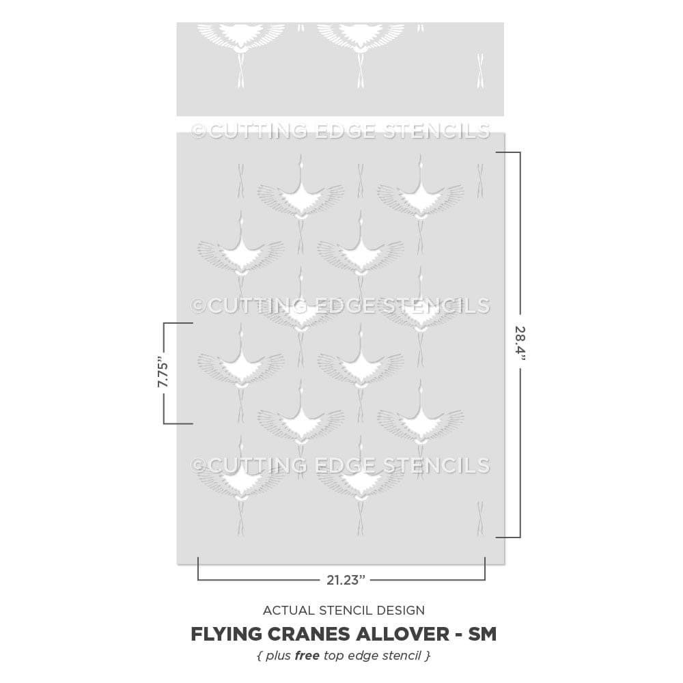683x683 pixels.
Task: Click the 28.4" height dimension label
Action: (520, 344)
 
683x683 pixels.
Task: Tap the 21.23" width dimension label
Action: (346, 580)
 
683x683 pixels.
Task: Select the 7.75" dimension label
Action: (163, 372)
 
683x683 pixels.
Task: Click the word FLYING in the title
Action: (225, 635)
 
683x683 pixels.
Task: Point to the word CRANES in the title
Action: (308, 635)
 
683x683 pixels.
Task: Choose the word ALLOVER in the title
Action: (404, 635)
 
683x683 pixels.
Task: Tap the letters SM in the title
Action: (482, 635)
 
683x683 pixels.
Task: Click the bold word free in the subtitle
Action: (307, 656)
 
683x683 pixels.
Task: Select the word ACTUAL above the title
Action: (289, 610)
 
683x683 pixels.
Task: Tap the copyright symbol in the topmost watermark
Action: (198, 130)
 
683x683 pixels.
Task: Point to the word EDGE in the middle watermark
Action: (345, 306)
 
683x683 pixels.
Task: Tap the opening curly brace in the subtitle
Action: (260, 656)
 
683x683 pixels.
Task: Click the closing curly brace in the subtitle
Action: (428, 656)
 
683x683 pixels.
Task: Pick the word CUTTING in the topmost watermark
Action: (257, 130)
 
